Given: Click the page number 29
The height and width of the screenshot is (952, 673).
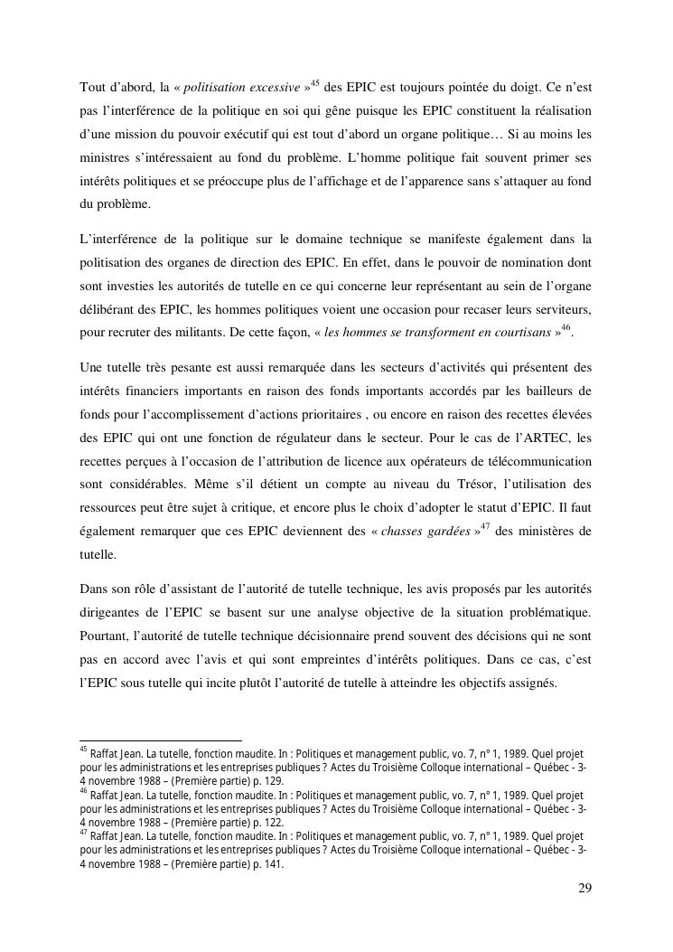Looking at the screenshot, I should (x=584, y=888).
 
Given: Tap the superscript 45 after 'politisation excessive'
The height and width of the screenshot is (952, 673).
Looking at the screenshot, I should (x=313, y=83).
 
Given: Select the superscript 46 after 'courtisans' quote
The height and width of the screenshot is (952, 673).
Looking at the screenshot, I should (x=566, y=328).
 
